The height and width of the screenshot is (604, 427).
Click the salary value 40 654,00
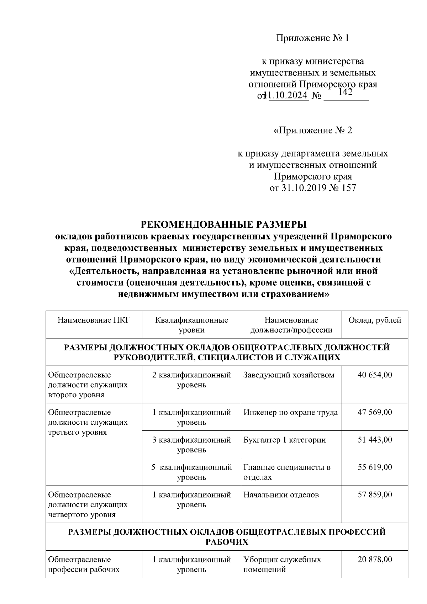pyautogui.click(x=375, y=375)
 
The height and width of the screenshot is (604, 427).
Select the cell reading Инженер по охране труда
pyautogui.click(x=290, y=412)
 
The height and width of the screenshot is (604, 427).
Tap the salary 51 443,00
pyautogui.click(x=375, y=440)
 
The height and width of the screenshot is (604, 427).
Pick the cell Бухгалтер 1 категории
pyautogui.click(x=284, y=440)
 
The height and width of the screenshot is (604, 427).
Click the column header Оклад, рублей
pyautogui.click(x=375, y=320)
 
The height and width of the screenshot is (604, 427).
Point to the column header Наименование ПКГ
pyautogui.click(x=94, y=320)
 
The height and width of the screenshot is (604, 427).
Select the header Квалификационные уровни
pyautogui.click(x=191, y=325)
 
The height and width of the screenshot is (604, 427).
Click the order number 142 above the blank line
pyautogui.click(x=345, y=92)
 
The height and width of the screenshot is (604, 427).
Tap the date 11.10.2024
pyautogui.click(x=289, y=96)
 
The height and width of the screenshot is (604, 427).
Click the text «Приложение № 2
pyautogui.click(x=312, y=131)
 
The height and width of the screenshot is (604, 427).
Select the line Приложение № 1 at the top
pyautogui.click(x=312, y=38)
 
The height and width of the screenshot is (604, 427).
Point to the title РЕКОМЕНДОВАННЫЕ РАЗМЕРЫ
pyautogui.click(x=224, y=225)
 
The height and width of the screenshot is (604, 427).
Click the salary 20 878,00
pyautogui.click(x=375, y=560)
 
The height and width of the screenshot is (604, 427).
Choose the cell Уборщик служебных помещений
pyautogui.click(x=282, y=565)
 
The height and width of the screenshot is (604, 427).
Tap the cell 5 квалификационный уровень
pyautogui.click(x=191, y=472)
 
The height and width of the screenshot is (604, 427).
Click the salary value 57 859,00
pyautogui.click(x=375, y=494)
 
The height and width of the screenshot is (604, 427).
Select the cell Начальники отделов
pyautogui.click(x=281, y=494)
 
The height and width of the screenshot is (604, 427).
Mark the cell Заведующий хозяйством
pyautogui.click(x=289, y=375)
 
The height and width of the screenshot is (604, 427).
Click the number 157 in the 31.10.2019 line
pyautogui.click(x=348, y=188)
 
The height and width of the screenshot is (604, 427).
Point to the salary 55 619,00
pyautogui.click(x=375, y=467)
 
